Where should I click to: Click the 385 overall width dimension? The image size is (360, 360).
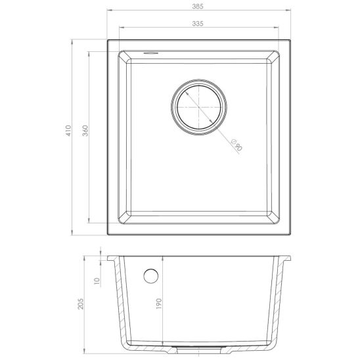[x=198, y=7]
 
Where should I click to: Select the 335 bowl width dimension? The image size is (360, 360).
[x=198, y=24]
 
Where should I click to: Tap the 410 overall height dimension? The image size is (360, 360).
[x=68, y=131]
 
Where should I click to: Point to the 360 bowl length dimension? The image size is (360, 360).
[x=85, y=131]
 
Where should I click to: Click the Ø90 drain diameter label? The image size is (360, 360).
[x=236, y=145]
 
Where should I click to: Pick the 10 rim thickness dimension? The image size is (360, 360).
[x=97, y=281]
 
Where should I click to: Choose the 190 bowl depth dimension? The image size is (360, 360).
[x=159, y=304]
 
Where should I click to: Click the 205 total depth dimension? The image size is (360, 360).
[x=81, y=304]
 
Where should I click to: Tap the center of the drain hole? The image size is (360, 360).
[x=199, y=107]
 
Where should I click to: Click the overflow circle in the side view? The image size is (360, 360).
[x=151, y=276]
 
